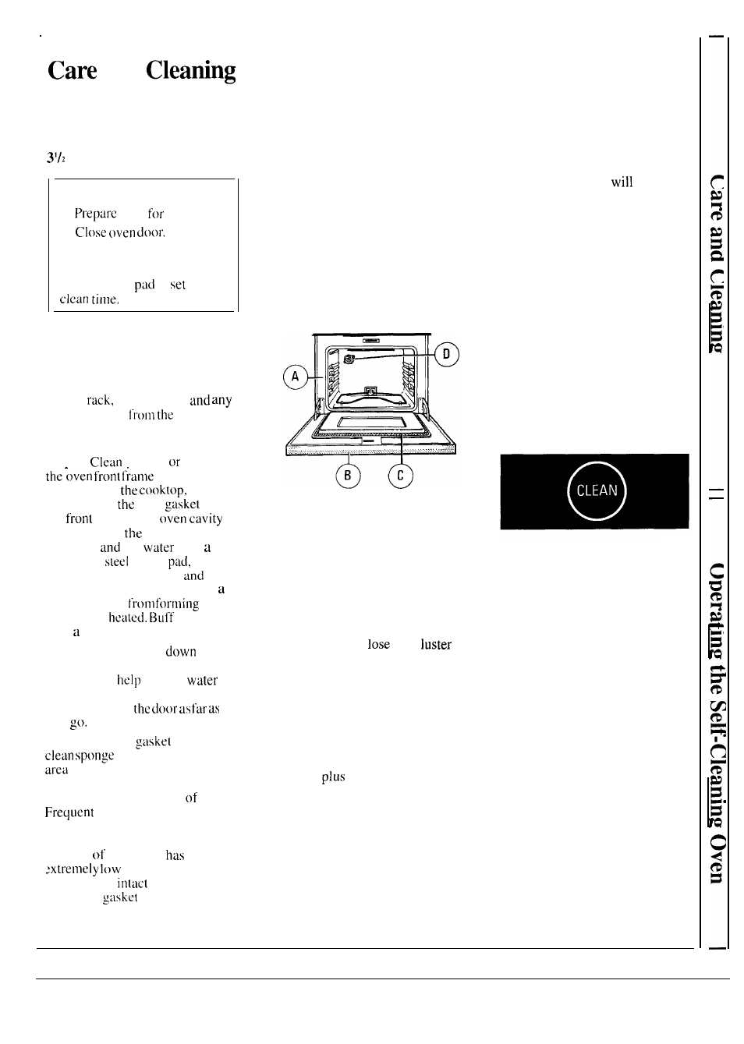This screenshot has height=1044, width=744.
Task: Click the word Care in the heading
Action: [x=73, y=70]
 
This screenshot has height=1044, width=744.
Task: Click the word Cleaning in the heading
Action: [x=190, y=70]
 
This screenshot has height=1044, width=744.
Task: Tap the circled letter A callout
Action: [x=295, y=377]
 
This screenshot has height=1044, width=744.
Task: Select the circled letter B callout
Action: [x=348, y=476]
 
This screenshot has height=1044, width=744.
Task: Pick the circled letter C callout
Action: [x=400, y=476]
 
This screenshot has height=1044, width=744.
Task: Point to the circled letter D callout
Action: [x=446, y=355]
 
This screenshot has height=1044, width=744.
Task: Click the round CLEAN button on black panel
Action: [x=597, y=490]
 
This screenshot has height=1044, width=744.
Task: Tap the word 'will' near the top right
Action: [x=622, y=182]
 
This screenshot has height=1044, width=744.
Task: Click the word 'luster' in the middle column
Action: [x=436, y=645]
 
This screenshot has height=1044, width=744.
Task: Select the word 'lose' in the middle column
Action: [x=378, y=645]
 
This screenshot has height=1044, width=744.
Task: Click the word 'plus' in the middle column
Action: [x=333, y=777]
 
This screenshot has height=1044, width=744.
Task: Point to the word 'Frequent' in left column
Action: [x=69, y=812]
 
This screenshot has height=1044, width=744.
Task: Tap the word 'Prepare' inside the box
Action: [x=95, y=214]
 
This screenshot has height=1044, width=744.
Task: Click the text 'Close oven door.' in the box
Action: [x=120, y=232]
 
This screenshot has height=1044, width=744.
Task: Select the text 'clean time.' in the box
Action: [x=90, y=299]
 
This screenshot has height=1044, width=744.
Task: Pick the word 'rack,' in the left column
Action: [x=100, y=401]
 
